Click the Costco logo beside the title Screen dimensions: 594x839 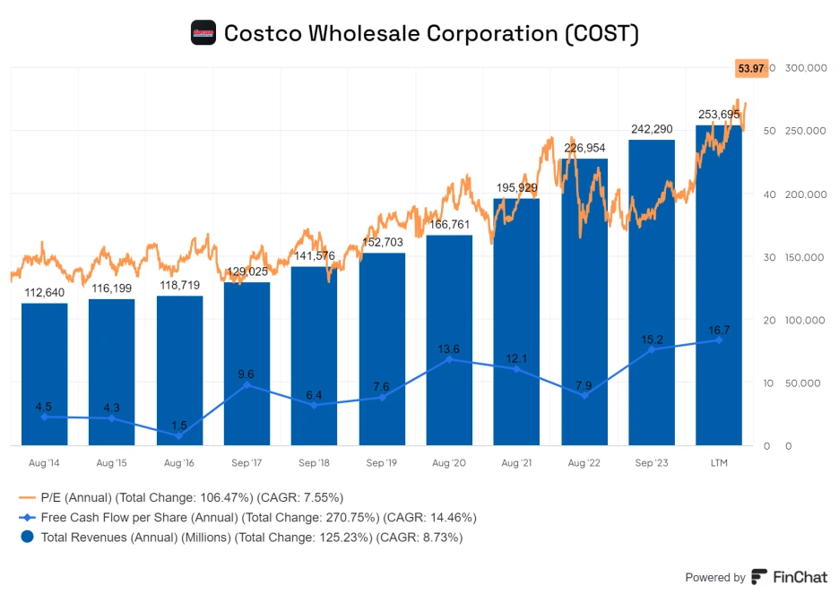coord(203,33)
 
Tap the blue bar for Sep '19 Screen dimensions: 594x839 coord(382,349)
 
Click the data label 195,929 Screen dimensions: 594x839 coord(516,187)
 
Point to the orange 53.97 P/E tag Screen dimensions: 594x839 coord(750,67)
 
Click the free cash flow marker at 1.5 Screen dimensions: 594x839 coord(179,435)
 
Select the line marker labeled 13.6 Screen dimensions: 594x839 coord(449,359)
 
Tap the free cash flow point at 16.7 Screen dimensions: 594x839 coord(719,340)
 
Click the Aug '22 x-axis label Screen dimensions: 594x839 coord(584,463)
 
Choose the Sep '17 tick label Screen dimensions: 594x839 coord(247,463)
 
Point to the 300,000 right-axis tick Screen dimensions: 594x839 coord(803,68)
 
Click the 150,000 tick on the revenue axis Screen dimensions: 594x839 coord(803,257)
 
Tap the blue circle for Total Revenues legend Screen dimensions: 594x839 coord(27,537)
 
